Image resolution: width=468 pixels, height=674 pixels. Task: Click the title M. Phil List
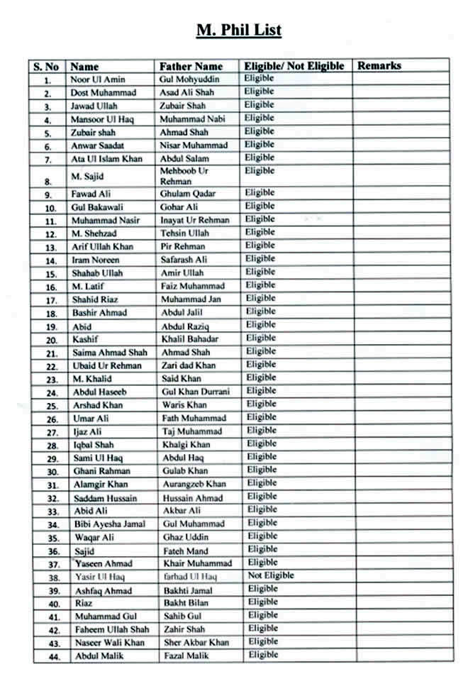pos(238,30)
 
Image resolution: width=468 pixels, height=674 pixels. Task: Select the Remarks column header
pos(379,66)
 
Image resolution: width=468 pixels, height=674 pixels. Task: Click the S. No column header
pos(46,67)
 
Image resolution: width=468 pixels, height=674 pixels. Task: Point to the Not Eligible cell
pos(270,575)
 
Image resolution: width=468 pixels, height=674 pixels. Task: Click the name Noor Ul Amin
pos(98,79)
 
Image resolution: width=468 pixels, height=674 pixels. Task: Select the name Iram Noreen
pos(96,260)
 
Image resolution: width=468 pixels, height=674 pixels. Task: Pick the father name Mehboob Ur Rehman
pos(186,176)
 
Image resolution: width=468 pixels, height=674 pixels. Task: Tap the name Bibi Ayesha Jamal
pos(110,524)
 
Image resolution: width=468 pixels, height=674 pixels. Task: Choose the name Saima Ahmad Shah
pos(110,353)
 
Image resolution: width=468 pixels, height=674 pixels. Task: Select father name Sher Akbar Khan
pos(196,643)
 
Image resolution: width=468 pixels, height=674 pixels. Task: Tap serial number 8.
pos(48,181)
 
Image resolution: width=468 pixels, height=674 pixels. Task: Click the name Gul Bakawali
pos(98,206)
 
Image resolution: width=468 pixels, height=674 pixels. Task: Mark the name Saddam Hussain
pos(106,498)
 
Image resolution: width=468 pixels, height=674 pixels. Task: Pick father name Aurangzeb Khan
pos(194,484)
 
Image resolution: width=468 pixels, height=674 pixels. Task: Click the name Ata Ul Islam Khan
pos(107,158)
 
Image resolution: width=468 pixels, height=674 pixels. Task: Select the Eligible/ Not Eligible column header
pos(294,66)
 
